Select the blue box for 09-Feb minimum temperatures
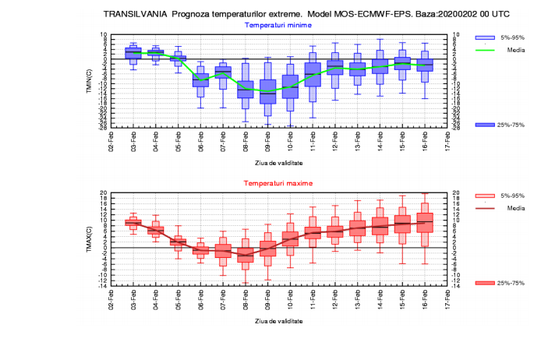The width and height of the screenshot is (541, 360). [x=267, y=91]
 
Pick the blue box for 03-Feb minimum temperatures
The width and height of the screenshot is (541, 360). [x=133, y=53]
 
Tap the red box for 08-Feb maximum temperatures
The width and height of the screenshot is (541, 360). [x=245, y=254]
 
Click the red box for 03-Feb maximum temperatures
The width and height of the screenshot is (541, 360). [x=133, y=222]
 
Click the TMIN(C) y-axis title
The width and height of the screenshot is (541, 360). [x=90, y=81]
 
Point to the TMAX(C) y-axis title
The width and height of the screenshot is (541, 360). [x=90, y=238]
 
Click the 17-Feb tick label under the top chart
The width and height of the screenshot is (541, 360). [x=447, y=143]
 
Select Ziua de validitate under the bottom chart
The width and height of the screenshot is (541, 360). [x=278, y=320]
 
